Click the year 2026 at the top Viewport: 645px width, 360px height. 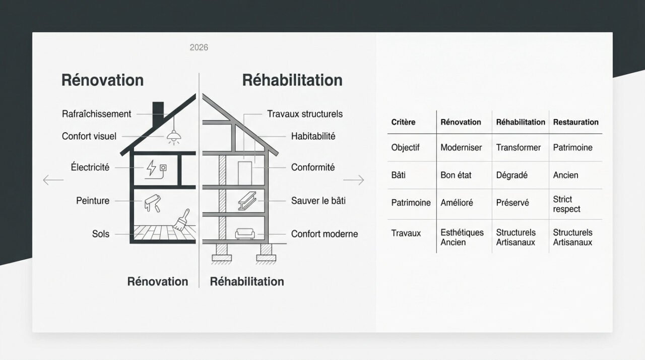pos(199,47)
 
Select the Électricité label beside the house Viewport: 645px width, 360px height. pos(90,167)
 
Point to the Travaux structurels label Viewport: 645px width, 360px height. pos(305,114)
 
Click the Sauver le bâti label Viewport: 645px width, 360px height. pos(318,201)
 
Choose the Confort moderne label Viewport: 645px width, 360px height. pos(325,234)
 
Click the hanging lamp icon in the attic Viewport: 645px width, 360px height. pos(174,135)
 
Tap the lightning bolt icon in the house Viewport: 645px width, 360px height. pos(151,167)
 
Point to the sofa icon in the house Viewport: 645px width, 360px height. pos(245,233)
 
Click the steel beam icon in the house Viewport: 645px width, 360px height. pos(245,201)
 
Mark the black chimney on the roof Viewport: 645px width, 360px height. pos(158,110)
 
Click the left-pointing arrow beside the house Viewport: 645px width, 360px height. pos(53,179)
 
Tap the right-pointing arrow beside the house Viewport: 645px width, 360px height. pos(353,179)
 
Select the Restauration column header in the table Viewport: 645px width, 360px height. pos(575,122)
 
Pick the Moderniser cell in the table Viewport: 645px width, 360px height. pos(461,148)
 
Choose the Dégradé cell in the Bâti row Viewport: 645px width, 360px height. pos(511,175)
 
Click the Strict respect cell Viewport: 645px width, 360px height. pos(566,204)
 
